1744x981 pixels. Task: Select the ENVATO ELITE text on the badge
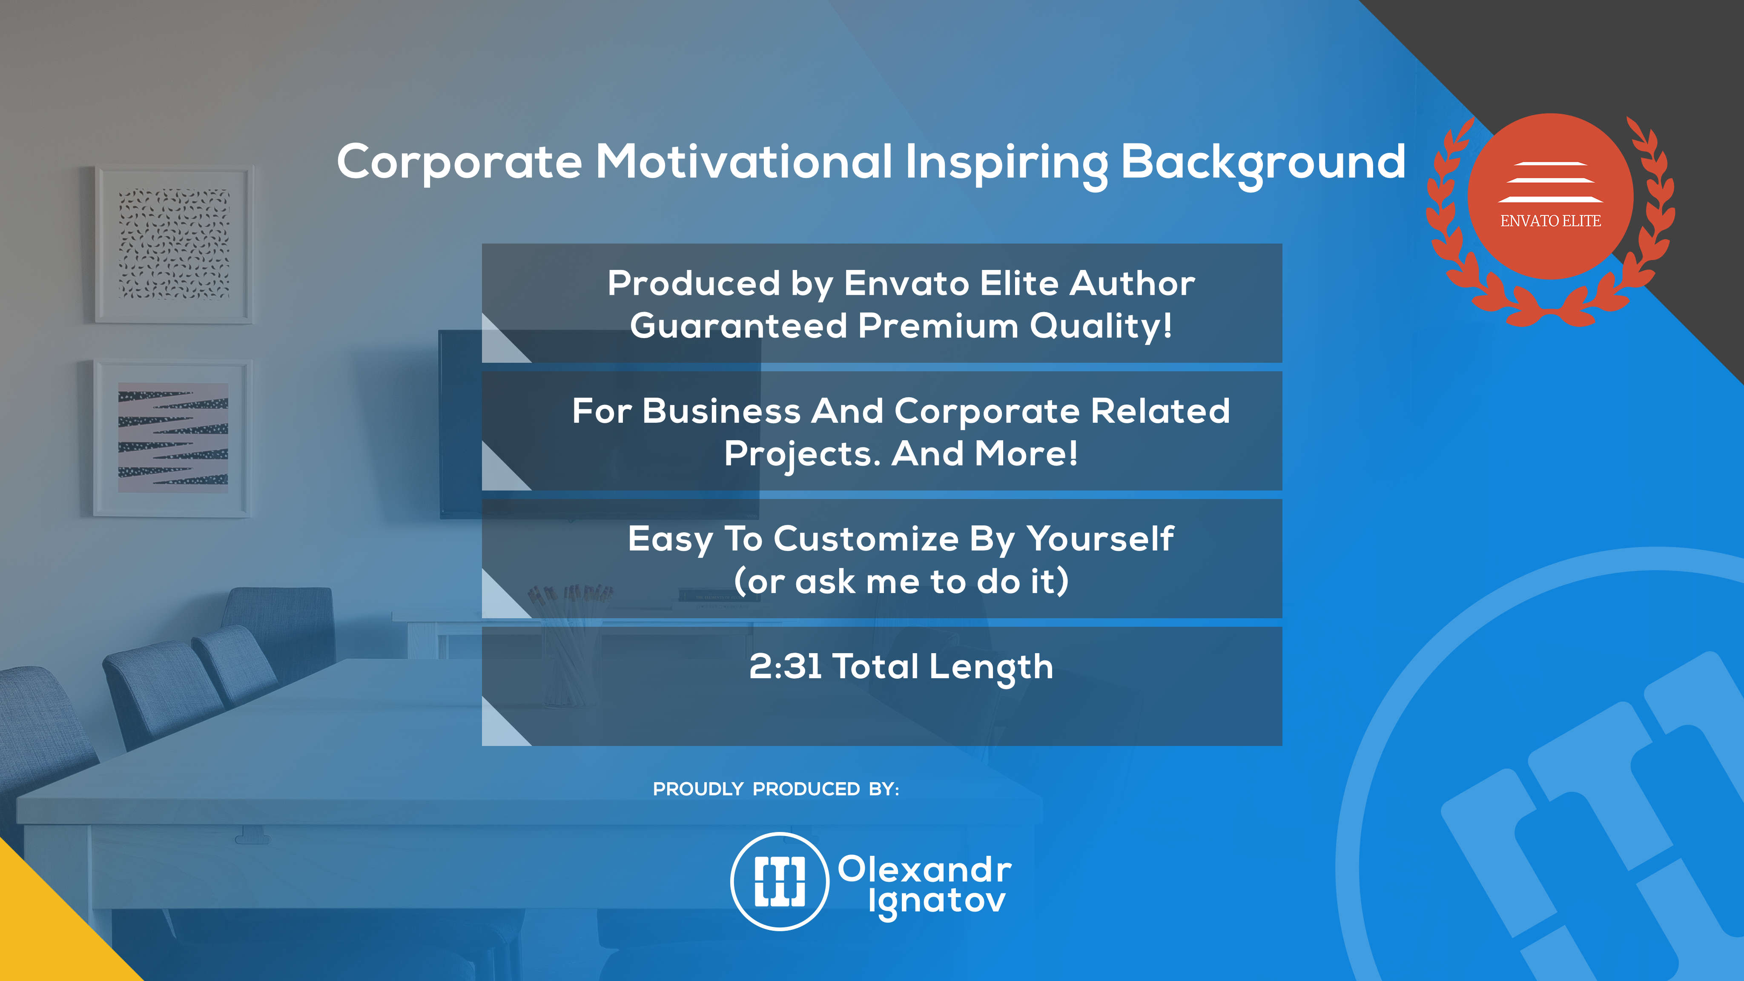(x=1550, y=221)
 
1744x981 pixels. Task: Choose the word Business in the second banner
(x=722, y=411)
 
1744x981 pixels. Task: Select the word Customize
(x=866, y=539)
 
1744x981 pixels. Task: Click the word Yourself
(x=1100, y=539)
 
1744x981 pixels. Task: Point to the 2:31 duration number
(x=785, y=667)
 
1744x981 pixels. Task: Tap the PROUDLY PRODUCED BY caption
(x=776, y=789)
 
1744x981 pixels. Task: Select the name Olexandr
(x=925, y=869)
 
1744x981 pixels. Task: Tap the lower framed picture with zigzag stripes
(x=172, y=438)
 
